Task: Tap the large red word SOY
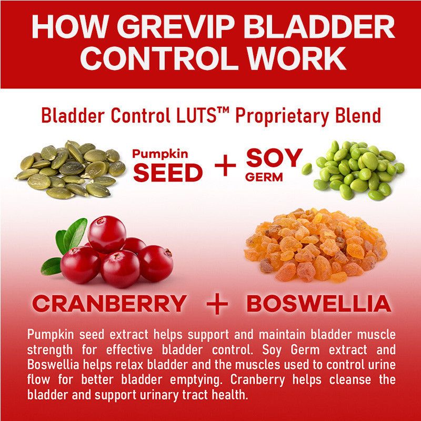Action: point(275,157)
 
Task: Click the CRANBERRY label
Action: point(109,304)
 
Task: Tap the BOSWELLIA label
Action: point(318,304)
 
